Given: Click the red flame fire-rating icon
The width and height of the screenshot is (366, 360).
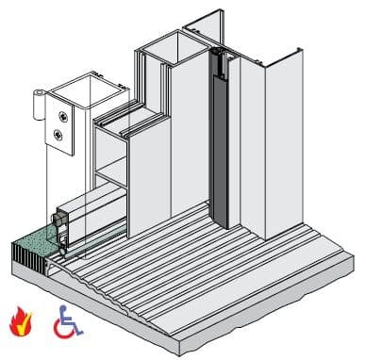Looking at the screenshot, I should pos(22,320).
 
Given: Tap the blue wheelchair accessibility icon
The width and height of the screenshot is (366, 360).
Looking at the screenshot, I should pos(67,321).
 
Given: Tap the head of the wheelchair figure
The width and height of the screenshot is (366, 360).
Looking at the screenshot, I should pos(62,308).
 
